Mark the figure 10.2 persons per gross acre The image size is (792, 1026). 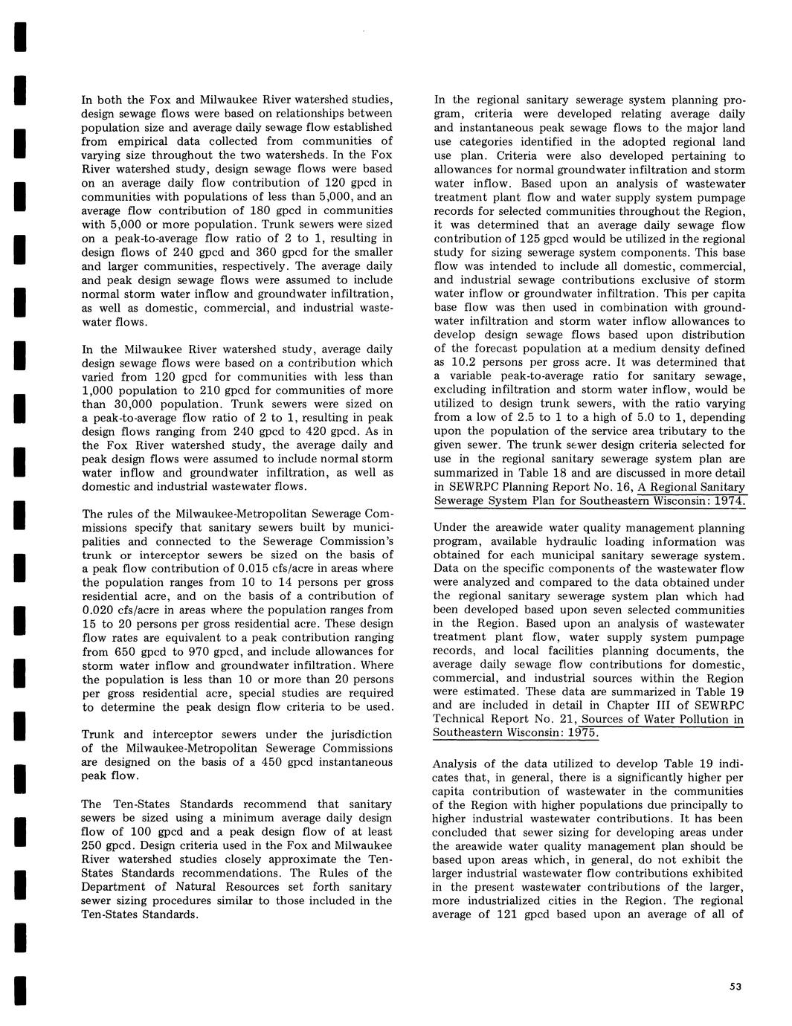click(466, 362)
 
